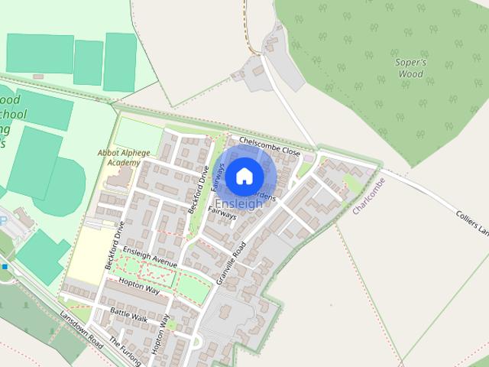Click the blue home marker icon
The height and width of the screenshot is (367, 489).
tap(244, 177)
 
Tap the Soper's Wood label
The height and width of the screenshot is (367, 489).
tap(409, 69)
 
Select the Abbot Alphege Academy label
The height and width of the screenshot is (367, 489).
tap(118, 158)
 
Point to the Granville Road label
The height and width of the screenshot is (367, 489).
tap(231, 264)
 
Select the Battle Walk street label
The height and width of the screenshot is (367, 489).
tap(128, 313)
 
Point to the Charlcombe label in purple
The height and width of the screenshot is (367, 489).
tap(368, 196)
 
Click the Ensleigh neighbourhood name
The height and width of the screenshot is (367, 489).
tap(239, 204)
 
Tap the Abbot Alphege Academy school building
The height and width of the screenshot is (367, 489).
tap(118, 178)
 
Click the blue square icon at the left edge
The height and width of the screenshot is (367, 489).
tap(4, 267)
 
